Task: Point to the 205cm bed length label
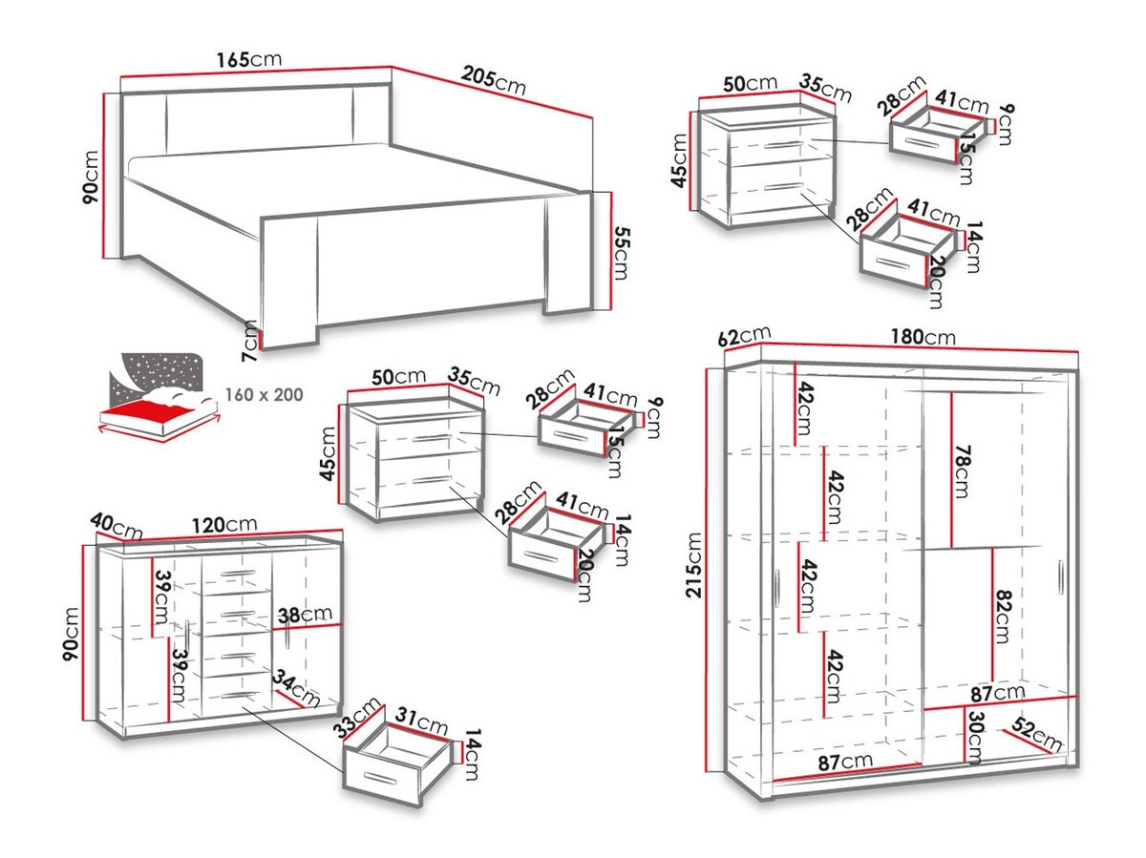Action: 494,79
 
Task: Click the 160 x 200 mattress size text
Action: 264,393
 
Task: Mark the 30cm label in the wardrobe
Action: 974,737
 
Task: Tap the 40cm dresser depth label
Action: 116,525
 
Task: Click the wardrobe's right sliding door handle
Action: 1060,579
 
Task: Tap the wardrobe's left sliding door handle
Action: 778,586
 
